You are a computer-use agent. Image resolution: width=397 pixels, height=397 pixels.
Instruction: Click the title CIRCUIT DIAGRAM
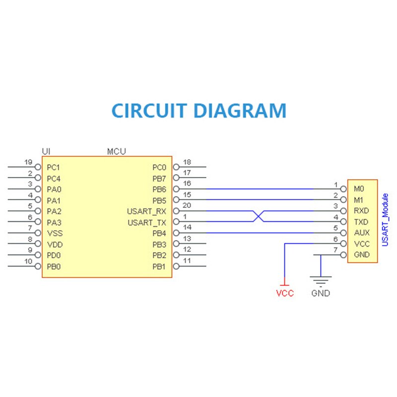[199, 110]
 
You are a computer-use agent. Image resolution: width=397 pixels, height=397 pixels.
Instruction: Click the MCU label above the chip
[117, 151]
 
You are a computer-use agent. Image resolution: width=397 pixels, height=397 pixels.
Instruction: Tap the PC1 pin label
[54, 167]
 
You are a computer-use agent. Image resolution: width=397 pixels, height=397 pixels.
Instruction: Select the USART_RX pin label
[146, 211]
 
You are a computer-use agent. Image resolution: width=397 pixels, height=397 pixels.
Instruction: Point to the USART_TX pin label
[146, 223]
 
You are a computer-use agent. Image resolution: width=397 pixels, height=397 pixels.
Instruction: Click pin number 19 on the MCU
[28, 162]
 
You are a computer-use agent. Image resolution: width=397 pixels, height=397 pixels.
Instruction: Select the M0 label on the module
[359, 189]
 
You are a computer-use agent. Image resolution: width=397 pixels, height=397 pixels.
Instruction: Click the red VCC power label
[284, 293]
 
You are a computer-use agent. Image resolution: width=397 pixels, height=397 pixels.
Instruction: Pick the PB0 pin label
[54, 266]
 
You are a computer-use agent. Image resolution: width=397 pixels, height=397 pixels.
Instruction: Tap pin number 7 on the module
[335, 250]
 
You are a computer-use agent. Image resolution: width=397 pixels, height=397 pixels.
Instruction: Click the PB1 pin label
[159, 266]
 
